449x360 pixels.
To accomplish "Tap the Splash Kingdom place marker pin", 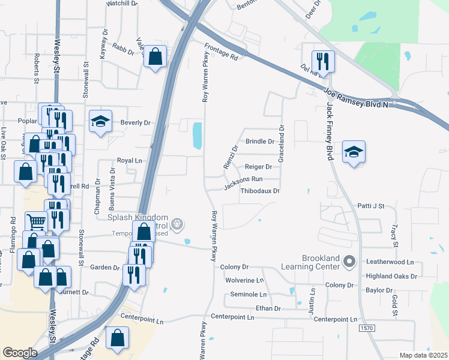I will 177,225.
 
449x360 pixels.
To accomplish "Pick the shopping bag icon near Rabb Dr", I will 155,58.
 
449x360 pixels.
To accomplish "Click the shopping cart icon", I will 37,222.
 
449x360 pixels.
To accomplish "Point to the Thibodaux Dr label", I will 260,191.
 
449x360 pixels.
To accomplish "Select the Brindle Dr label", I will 260,142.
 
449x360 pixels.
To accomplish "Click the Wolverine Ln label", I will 244,280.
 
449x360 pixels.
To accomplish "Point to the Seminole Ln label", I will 249,295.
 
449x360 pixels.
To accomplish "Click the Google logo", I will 20,353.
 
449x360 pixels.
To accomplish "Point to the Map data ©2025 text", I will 423,355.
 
